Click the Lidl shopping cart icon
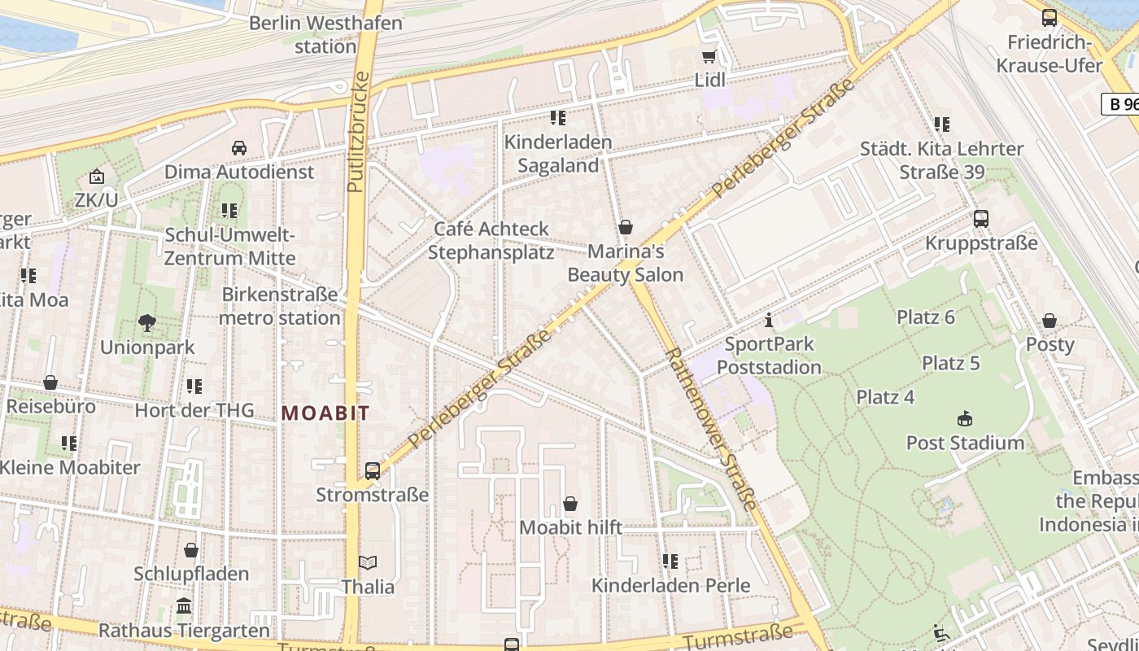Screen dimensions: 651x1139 tap(709, 57)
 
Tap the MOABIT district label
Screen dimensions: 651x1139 tap(325, 413)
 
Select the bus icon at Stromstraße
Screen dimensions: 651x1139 tap(373, 470)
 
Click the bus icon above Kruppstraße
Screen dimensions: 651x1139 tap(981, 219)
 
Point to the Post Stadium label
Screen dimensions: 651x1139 tap(965, 443)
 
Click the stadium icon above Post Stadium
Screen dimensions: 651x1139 tap(965, 419)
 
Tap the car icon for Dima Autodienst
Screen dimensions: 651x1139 tap(239, 148)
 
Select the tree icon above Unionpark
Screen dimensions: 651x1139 tap(147, 323)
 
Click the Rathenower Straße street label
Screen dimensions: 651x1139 tap(712, 428)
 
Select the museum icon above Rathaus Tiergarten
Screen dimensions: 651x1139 tap(184, 607)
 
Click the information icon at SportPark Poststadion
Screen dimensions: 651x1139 tap(768, 321)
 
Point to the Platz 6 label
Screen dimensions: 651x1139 tap(925, 317)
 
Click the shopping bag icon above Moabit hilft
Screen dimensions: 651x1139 tap(570, 505)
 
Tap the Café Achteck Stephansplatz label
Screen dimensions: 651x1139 tap(491, 240)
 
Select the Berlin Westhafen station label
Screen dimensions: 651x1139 tap(325, 34)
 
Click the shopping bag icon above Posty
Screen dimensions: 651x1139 tap(1050, 321)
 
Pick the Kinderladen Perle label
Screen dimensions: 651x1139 tap(670, 585)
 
